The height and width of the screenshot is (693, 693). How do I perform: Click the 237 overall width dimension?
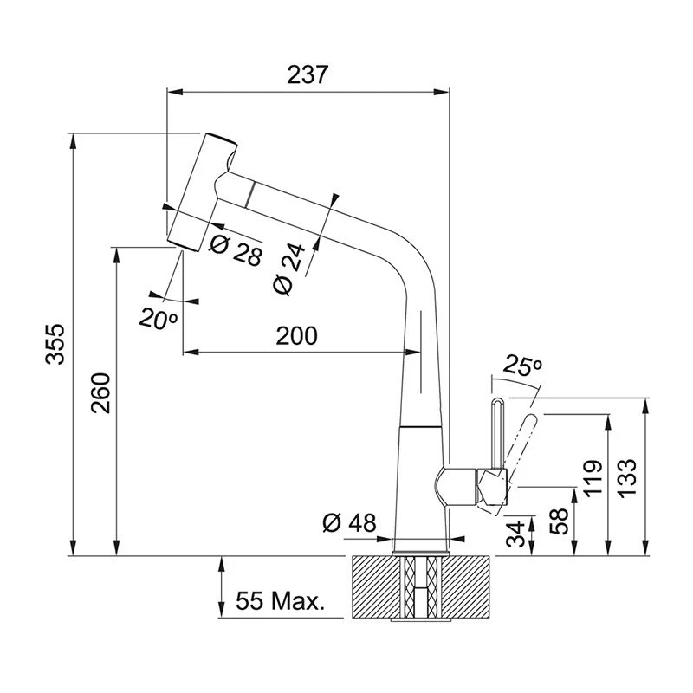point(308,75)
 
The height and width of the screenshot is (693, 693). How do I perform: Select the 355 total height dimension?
point(54,344)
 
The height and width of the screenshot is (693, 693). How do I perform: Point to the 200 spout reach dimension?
point(296,336)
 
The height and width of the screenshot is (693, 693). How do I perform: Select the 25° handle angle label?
point(522,367)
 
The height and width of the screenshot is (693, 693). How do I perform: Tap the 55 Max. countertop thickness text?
point(279,600)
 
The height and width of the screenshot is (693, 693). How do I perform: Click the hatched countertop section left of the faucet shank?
point(377,588)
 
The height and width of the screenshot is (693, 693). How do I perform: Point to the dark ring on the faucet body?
point(424,428)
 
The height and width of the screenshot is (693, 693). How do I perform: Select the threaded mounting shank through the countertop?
point(421,589)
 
